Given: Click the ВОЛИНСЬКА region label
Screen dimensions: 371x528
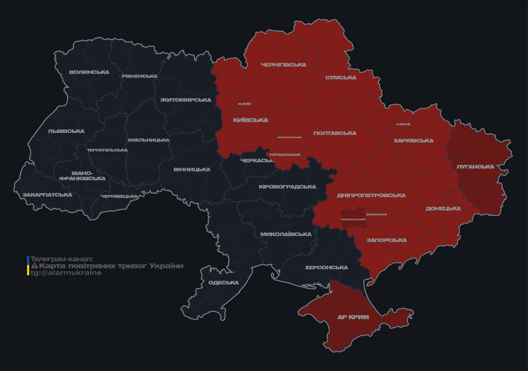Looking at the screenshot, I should (89, 72).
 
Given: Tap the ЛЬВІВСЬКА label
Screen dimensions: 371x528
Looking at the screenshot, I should (66, 131).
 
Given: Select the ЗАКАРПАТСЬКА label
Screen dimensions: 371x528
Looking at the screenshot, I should (47, 195).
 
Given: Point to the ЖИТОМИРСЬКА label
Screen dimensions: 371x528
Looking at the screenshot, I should (186, 100).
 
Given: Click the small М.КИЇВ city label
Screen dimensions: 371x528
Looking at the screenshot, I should (244, 104).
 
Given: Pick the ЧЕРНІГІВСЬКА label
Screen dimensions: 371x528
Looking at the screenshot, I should (283, 65).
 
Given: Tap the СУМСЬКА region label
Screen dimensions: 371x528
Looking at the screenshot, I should (341, 78).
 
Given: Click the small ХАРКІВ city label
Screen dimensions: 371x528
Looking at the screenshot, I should (403, 124).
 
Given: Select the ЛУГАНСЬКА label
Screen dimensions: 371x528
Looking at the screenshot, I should (475, 167).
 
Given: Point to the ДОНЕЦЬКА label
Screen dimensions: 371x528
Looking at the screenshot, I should (443, 209).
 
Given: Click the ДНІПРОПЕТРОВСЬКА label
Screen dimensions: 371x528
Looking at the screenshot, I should (371, 196).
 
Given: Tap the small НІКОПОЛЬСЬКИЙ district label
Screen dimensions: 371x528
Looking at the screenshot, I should (353, 219).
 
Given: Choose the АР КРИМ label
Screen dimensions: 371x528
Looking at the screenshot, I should (353, 317).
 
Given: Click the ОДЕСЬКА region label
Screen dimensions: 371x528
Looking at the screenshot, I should (223, 283).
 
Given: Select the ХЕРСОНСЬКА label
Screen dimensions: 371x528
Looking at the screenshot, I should (326, 268).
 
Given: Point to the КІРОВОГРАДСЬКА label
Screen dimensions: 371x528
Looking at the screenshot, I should (287, 187).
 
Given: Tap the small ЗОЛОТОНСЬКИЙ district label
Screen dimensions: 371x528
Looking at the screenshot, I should (290, 137).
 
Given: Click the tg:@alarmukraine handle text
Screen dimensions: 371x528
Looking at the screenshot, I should (66, 273).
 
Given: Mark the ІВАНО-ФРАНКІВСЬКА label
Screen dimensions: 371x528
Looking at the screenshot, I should (82, 176).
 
